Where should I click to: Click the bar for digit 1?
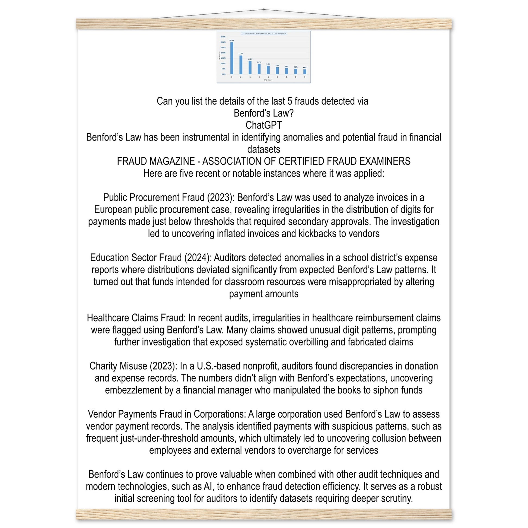tap(232, 58)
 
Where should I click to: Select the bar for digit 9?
tap(305, 72)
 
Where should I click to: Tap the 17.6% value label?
tap(241, 53)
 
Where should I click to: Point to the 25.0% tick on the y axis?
tap(223, 47)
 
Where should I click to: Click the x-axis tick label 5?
tap(268, 77)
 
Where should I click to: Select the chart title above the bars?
tap(264, 34)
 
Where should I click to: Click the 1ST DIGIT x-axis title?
tap(268, 80)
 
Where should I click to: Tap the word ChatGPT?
tap(264, 125)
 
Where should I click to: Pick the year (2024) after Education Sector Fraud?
tap(198, 258)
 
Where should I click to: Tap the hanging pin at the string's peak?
tap(264, 9)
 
